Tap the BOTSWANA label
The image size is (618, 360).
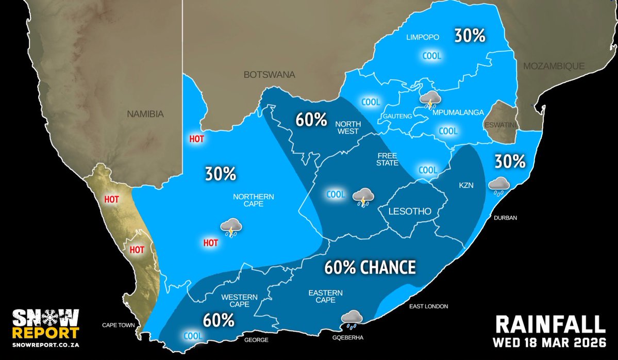pyautogui.click(x=270, y=75)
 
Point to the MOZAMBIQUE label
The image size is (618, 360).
pyautogui.click(x=554, y=66)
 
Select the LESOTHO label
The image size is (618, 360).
pyautogui.click(x=410, y=211)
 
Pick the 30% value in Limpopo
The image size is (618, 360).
pyautogui.click(x=469, y=36)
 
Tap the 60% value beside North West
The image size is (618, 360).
pyautogui.click(x=311, y=120)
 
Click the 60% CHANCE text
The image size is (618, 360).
pyautogui.click(x=370, y=267)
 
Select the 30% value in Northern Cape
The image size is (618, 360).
pyautogui.click(x=220, y=174)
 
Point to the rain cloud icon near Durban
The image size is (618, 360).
pyautogui.click(x=498, y=185)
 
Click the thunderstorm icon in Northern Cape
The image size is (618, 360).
pyautogui.click(x=231, y=227)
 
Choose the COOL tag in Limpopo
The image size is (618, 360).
pyautogui.click(x=432, y=56)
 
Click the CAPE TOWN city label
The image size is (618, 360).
pyautogui.click(x=118, y=325)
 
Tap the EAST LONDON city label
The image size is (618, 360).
pyautogui.click(x=429, y=306)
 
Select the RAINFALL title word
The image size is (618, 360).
pyautogui.click(x=550, y=324)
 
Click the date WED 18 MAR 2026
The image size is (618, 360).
pyautogui.click(x=549, y=343)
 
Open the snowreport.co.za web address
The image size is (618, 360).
pyautogui.click(x=46, y=343)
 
